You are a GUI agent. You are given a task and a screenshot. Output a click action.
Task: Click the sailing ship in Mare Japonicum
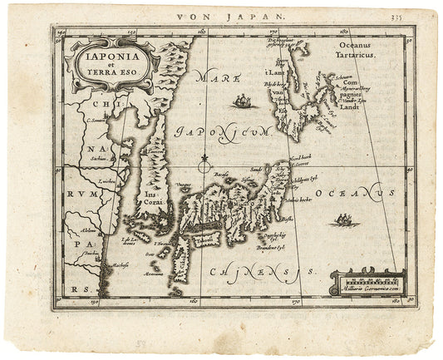point(243,101)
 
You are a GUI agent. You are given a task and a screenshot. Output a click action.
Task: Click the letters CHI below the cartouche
point(104,105)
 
